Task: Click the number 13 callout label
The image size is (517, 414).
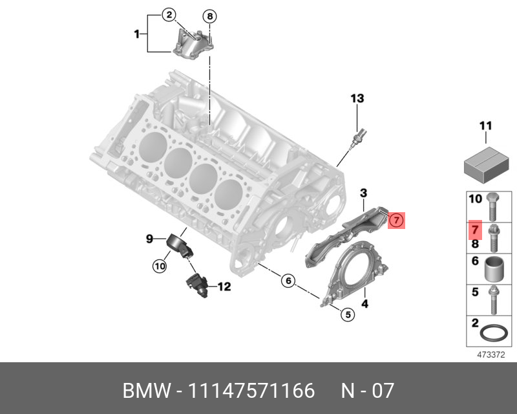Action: pyautogui.click(x=357, y=99)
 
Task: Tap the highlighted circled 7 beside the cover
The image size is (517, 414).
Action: pyautogui.click(x=397, y=221)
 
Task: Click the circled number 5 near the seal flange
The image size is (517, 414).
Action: pyautogui.click(x=347, y=314)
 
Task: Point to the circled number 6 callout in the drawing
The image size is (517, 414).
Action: pyautogui.click(x=288, y=281)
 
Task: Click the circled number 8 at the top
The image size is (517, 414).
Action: pyautogui.click(x=210, y=16)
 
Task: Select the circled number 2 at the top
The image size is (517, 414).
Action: pyautogui.click(x=168, y=14)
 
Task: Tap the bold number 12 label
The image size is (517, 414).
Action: pyautogui.click(x=223, y=287)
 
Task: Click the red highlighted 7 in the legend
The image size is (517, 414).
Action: pyautogui.click(x=475, y=230)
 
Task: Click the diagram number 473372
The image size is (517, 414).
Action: pyautogui.click(x=491, y=354)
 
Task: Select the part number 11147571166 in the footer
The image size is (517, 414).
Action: pyautogui.click(x=251, y=391)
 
